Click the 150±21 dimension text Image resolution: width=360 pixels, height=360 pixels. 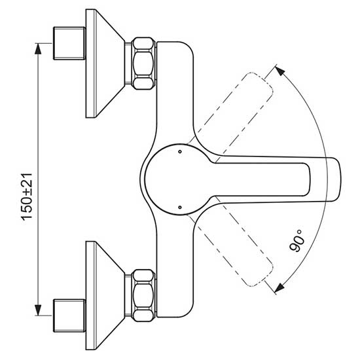pyautogui.click(x=27, y=197)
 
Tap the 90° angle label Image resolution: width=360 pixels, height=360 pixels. pyautogui.click(x=297, y=241)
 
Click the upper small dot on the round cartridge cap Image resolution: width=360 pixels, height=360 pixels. pyautogui.click(x=180, y=152)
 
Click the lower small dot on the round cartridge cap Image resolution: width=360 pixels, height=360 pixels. pyautogui.click(x=180, y=207)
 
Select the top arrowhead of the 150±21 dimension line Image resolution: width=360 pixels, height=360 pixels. pyautogui.click(x=38, y=48)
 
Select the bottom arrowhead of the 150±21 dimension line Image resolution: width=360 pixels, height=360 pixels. pyautogui.click(x=38, y=310)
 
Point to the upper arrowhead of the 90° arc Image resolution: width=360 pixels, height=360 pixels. pyautogui.click(x=280, y=70)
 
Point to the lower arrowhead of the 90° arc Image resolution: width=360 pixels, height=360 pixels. pyautogui.click(x=279, y=288)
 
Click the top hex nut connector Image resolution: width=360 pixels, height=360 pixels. pyautogui.click(x=144, y=63)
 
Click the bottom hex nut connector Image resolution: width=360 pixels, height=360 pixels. pyautogui.click(x=144, y=295)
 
